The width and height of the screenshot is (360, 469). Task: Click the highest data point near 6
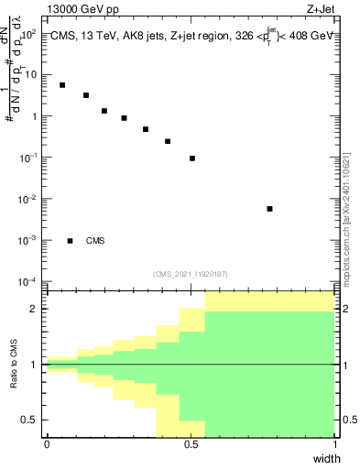tap(62, 85)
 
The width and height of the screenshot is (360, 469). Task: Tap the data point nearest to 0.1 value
tap(192, 158)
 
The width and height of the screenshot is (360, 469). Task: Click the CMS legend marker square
tap(71, 241)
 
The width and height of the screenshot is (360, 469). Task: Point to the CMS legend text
tap(95, 241)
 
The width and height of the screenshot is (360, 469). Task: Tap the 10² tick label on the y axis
tap(27, 34)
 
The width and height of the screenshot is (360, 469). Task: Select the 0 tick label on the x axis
tap(47, 444)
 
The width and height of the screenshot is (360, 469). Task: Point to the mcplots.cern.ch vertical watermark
tap(348, 220)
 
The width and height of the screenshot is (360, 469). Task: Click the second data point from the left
tap(86, 95)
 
